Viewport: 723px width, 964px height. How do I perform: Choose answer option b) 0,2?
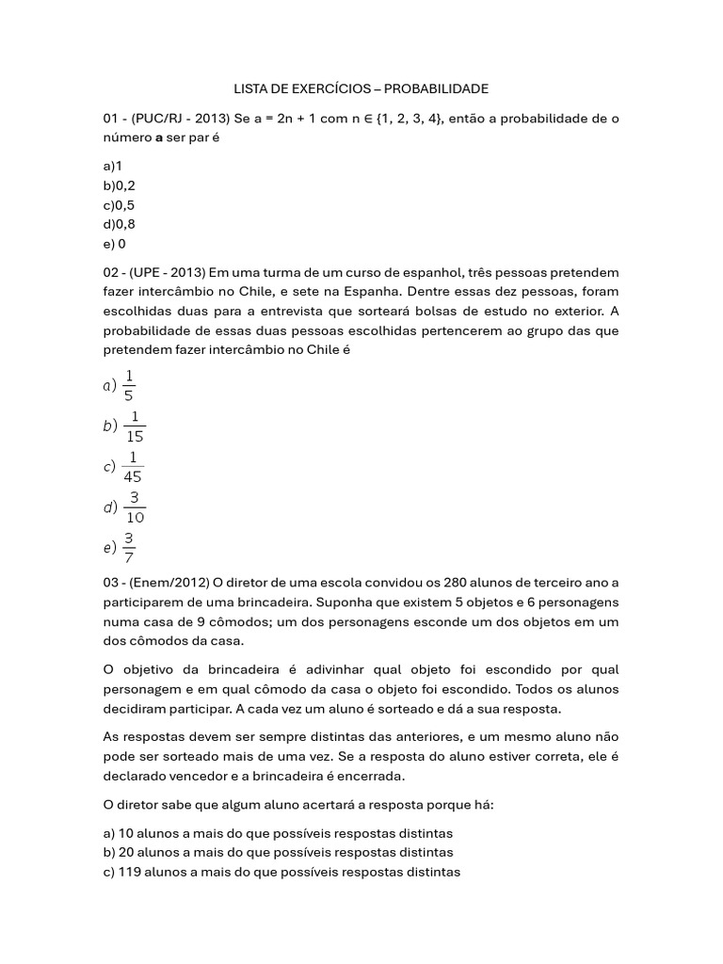click(120, 185)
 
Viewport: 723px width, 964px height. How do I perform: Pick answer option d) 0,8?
click(120, 224)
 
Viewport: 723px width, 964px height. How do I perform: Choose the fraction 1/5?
click(129, 385)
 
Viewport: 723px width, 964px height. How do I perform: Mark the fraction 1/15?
click(134, 426)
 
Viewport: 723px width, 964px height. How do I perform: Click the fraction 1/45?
click(133, 466)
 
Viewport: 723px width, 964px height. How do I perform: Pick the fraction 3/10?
click(135, 506)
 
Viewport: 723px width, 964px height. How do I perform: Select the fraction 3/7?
click(129, 547)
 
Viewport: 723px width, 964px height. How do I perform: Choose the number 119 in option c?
click(130, 872)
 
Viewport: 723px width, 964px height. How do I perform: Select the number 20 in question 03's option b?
click(127, 852)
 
